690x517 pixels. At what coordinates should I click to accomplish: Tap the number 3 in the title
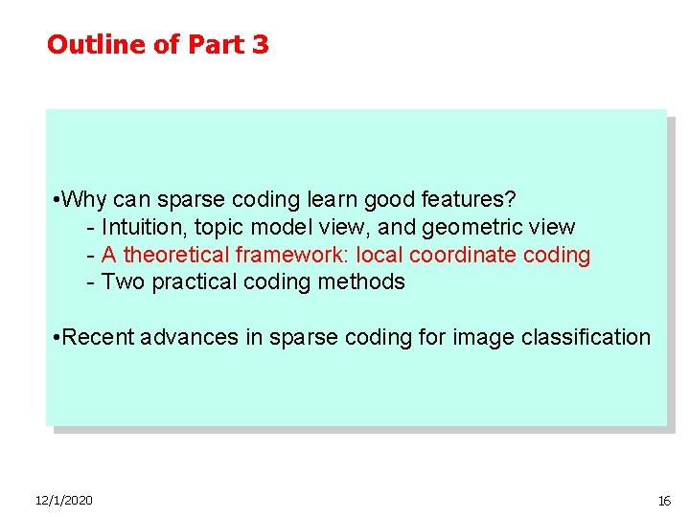click(261, 45)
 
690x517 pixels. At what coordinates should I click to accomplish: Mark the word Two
click(121, 282)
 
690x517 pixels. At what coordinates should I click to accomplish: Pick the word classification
click(590, 338)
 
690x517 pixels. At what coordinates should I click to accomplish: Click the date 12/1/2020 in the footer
click(63, 501)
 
